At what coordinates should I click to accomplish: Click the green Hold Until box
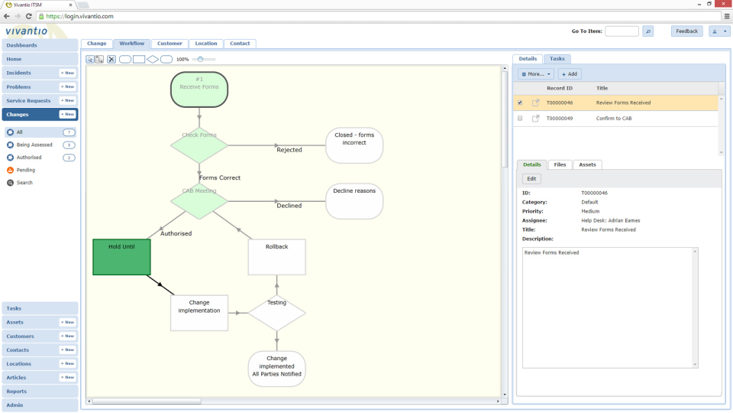(121, 257)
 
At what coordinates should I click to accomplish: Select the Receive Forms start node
(199, 89)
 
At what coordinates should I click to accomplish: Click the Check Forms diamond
(199, 145)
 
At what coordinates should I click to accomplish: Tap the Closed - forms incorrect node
(354, 145)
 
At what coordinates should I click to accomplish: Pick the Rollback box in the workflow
(276, 257)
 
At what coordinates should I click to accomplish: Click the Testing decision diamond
(276, 312)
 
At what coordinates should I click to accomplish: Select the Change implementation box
(199, 312)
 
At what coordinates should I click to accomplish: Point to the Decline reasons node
(354, 201)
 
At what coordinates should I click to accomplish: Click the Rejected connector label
(289, 150)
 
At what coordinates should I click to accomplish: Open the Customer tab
(170, 44)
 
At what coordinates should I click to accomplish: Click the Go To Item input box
(622, 31)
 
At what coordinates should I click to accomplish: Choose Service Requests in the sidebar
(29, 101)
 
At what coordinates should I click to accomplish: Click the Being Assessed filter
(34, 145)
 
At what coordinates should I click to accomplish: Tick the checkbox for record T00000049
(520, 119)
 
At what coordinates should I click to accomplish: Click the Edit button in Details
(532, 179)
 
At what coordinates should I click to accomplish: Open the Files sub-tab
(560, 164)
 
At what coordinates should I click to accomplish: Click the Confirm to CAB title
(614, 119)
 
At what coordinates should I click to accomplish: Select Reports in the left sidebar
(17, 392)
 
